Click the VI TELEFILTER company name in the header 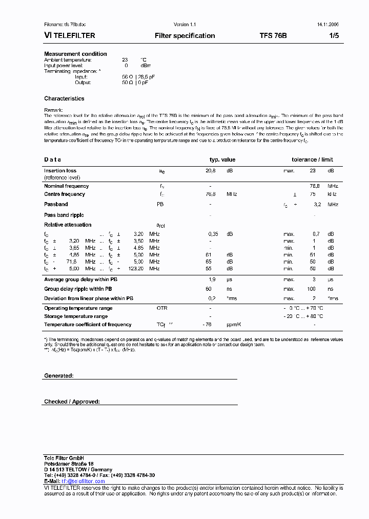coord(70,36)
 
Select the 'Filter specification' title coord(184,36)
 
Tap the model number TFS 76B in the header coord(273,36)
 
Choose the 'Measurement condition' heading coord(75,54)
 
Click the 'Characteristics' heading coord(64,98)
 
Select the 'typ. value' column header coord(222,159)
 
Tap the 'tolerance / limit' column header coord(312,159)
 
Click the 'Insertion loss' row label coord(60,171)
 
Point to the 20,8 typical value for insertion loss coord(210,171)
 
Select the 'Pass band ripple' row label coord(64,215)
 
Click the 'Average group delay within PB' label coord(80,280)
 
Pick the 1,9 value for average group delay coord(212,280)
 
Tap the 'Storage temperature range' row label coord(76,316)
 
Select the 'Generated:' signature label coord(59,376)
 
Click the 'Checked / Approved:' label coord(72,402)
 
